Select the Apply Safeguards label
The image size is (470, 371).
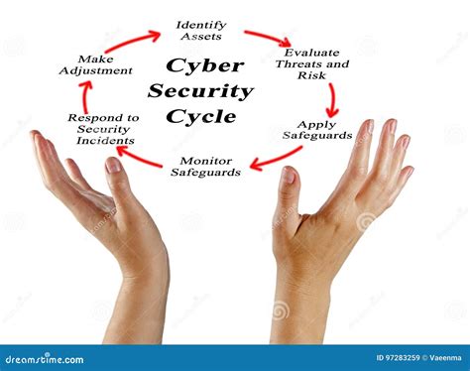coord(317,130)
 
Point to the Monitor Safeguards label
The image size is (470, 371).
coord(205,166)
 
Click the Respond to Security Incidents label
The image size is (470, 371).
coord(103,129)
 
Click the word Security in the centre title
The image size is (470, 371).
coord(200,91)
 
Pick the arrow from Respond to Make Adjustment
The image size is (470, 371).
coord(84,97)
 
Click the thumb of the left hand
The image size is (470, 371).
coord(116,179)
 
